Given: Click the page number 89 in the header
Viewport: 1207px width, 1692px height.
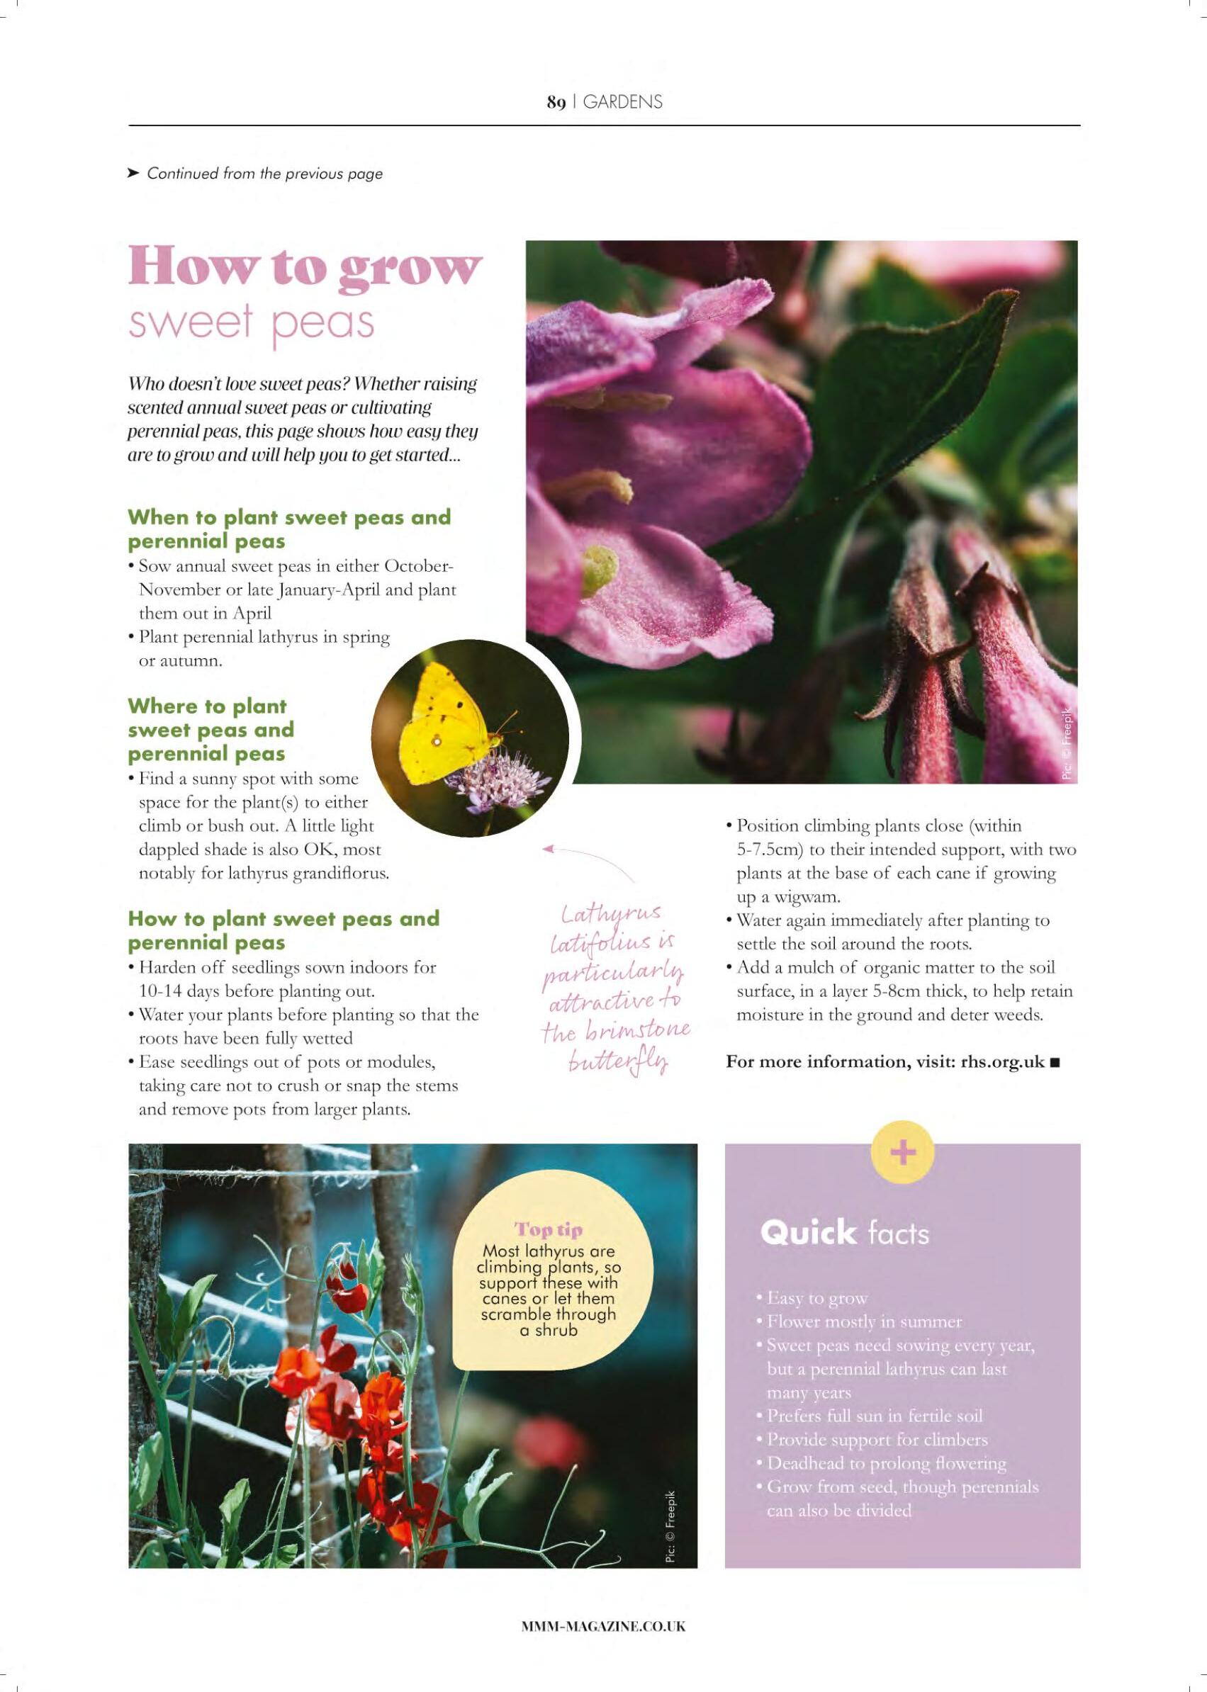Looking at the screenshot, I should pos(556,103).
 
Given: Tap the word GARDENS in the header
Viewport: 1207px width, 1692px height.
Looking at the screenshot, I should pos(622,103).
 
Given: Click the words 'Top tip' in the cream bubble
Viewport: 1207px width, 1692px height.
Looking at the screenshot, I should pos(549,1230).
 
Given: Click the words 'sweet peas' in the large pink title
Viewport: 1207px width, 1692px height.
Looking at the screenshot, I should pos(250,322).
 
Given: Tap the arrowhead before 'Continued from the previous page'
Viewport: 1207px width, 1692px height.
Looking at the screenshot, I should pos(133,173).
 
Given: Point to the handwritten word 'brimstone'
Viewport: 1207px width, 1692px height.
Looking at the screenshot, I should pos(639,1031).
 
